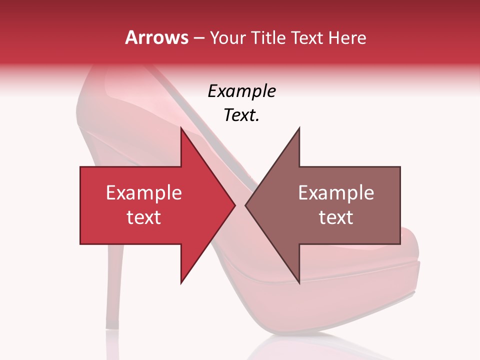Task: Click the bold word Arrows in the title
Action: point(157,37)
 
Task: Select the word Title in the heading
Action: point(268,37)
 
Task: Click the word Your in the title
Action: point(228,37)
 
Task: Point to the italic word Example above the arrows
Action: point(241,91)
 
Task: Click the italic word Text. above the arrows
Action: point(241,115)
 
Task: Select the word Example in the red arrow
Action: point(144,192)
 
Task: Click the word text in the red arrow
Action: point(144,217)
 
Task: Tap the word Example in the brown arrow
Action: point(336,192)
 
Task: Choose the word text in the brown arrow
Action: point(336,217)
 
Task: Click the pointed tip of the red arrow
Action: point(235,205)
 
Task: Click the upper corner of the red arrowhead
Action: point(181,128)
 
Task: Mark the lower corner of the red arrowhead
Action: point(181,283)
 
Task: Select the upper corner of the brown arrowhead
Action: point(299,128)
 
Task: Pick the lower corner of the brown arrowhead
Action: point(299,283)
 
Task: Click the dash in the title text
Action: point(198,38)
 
